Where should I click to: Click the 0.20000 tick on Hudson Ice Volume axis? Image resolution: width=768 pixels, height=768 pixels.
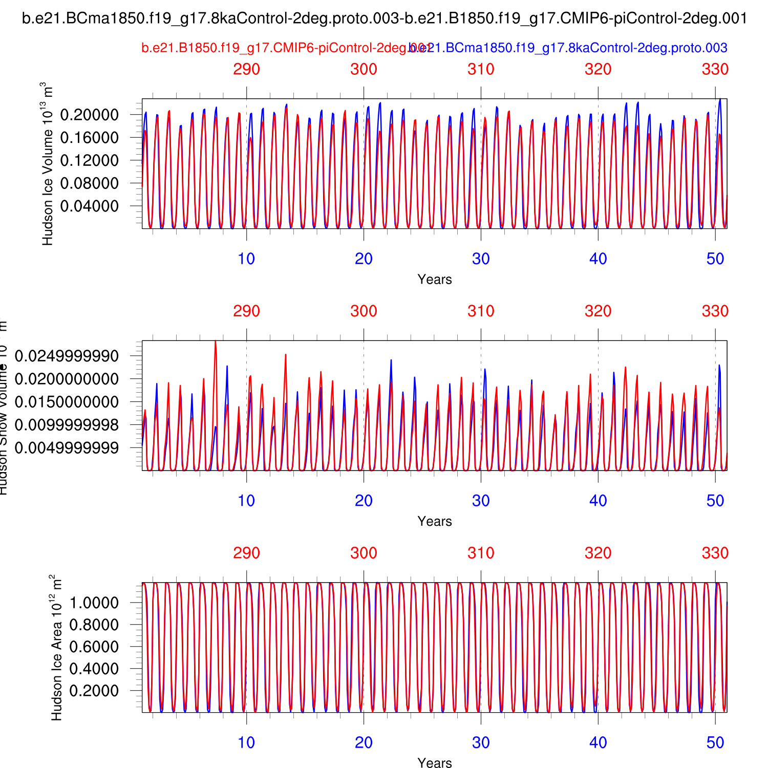90,115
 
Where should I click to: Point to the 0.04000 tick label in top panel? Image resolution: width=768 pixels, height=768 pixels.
90,206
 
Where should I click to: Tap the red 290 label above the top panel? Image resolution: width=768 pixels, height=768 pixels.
246,69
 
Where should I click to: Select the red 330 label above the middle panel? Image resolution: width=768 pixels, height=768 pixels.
715,311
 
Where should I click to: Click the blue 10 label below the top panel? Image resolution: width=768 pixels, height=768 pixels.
246,259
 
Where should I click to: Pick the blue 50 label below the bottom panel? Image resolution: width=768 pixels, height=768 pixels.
715,743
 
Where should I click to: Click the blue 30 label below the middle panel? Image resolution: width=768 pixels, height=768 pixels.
481,501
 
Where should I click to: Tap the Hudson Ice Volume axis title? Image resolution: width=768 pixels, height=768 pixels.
48,164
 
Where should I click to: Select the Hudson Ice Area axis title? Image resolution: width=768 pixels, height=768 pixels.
56,648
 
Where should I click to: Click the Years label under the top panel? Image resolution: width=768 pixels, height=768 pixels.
435,280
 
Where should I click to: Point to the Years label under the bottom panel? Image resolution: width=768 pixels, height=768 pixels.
435,763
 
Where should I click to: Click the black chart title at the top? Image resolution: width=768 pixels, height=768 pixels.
385,19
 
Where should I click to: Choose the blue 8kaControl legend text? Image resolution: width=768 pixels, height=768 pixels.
568,48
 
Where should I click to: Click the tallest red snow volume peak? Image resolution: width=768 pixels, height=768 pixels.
215,342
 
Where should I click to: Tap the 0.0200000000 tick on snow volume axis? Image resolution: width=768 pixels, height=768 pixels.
67,379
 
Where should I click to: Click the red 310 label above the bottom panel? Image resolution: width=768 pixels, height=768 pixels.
481,553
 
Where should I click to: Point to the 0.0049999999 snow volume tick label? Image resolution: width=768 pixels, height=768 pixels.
67,448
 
